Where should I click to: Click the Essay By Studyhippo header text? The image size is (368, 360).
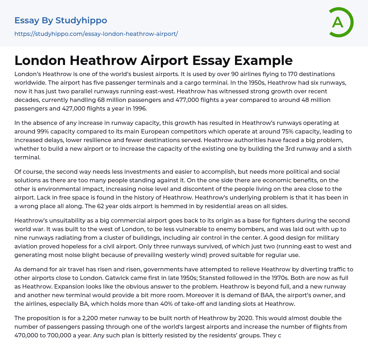pyautogui.click(x=61, y=20)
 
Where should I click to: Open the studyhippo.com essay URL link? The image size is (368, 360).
pyautogui.click(x=96, y=34)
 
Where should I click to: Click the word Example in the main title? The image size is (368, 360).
pyautogui.click(x=263, y=60)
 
